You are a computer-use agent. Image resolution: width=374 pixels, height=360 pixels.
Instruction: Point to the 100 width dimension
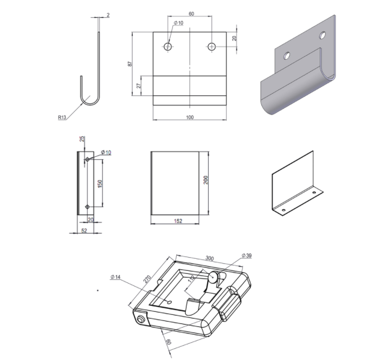pos(190,117)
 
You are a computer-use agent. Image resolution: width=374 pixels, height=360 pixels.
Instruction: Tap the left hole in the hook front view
pos(168,47)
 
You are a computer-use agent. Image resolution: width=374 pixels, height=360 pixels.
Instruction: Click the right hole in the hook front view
pos(212,47)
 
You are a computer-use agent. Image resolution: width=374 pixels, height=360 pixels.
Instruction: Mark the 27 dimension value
pos(139,86)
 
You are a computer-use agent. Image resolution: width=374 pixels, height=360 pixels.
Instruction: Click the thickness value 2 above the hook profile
pos(108,15)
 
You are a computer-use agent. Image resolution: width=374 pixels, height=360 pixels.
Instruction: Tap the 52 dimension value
pos(84,230)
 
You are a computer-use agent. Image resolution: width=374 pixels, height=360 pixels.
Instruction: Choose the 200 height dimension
pos(206,180)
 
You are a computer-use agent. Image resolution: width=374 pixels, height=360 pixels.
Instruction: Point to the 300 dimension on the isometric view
pos(210,259)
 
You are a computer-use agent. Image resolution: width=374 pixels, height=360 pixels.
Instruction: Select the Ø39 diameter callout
pos(247,256)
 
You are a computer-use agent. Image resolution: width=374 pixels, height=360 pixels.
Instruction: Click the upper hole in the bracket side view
pos(87,159)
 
